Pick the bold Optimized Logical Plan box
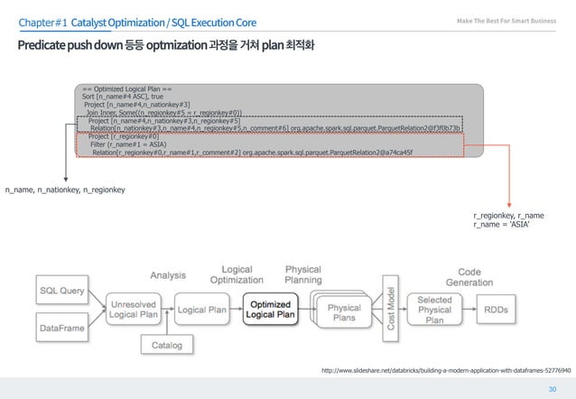270,310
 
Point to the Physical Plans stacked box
343,311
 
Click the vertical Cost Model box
391,307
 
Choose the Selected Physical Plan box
435,309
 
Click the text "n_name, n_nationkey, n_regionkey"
65,190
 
